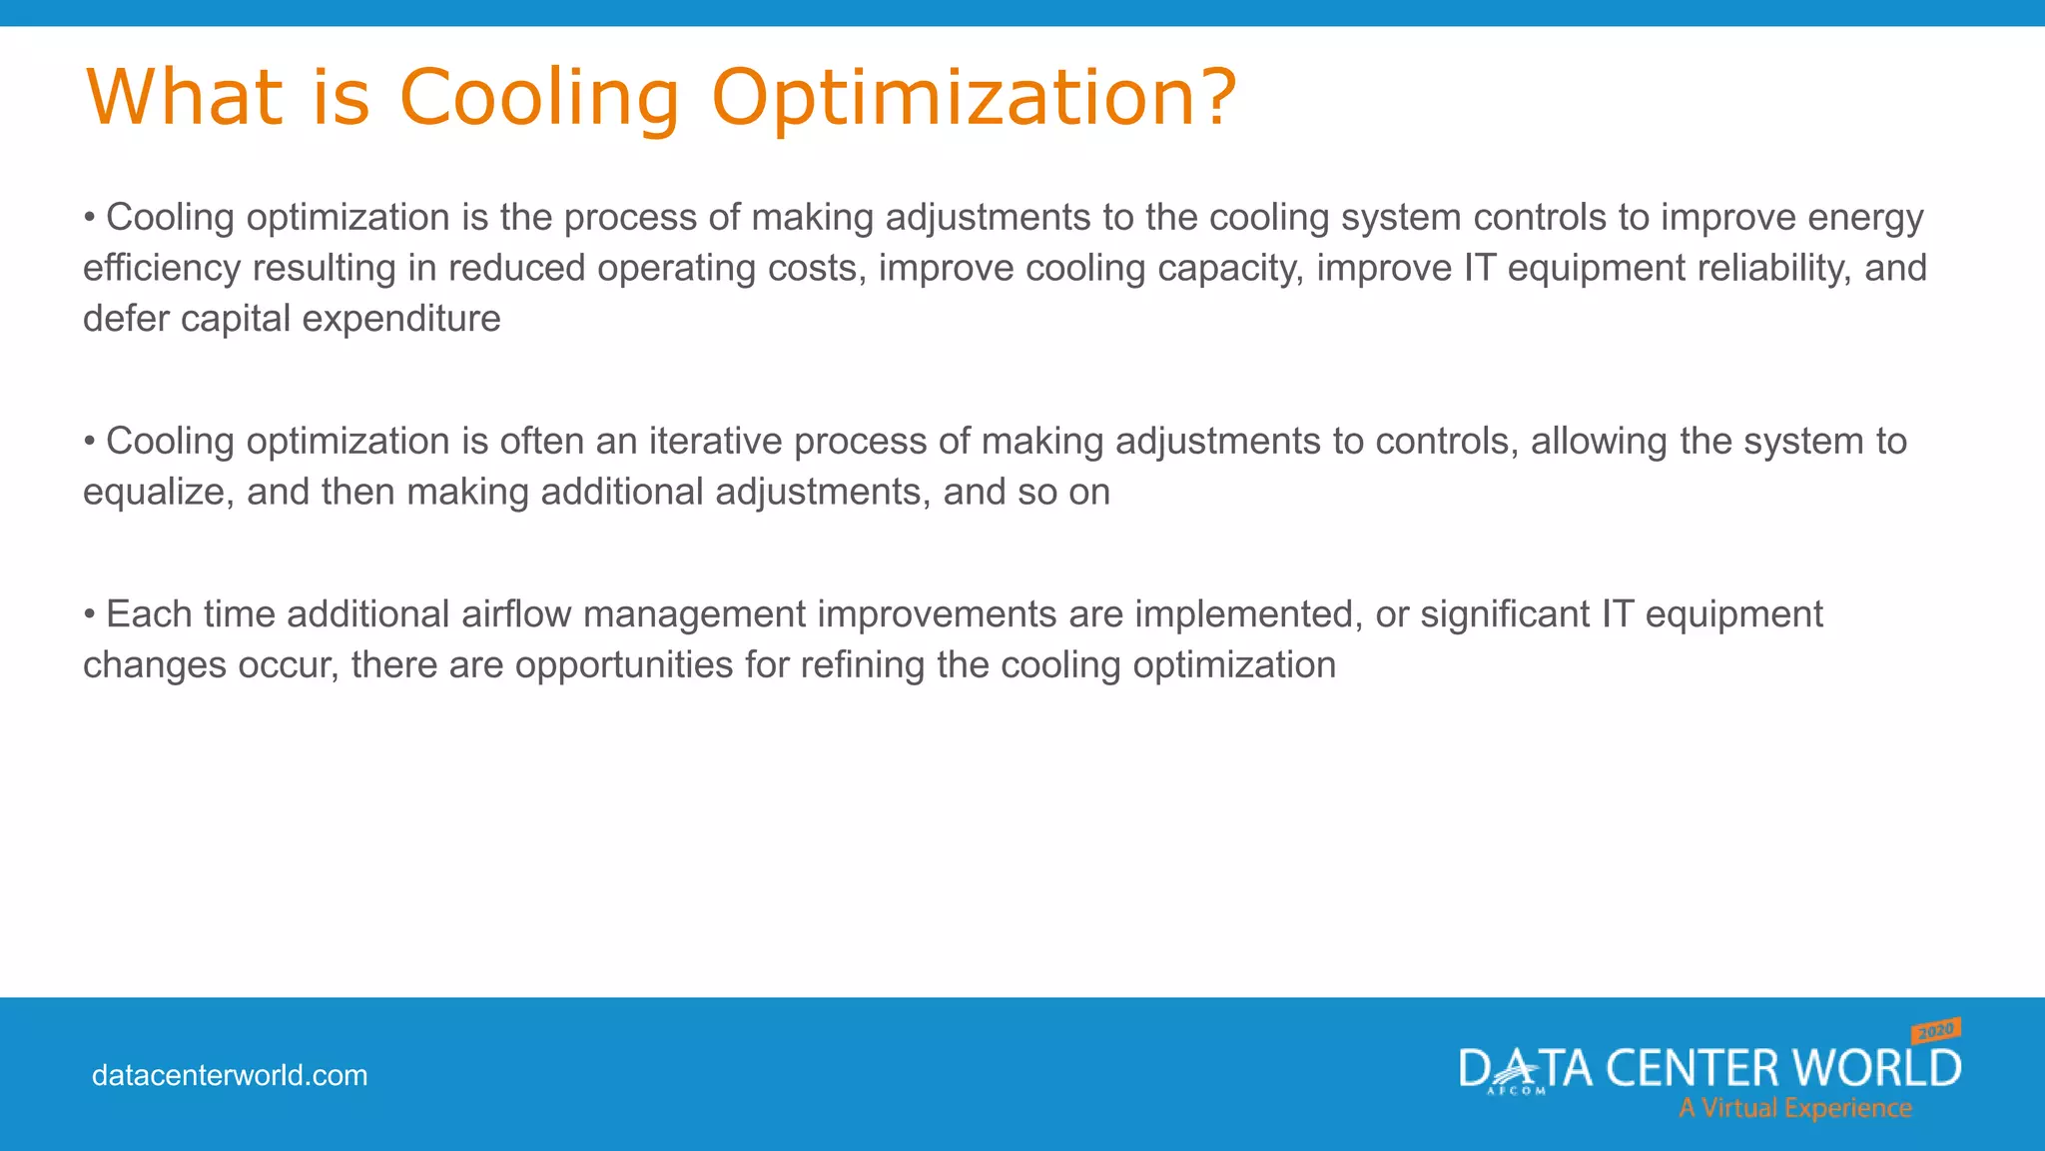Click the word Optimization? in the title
[974, 98]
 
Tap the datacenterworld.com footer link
[230, 1075]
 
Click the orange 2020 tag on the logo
[1936, 1030]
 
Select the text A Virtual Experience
[1794, 1108]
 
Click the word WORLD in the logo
[1876, 1068]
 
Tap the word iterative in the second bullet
[715, 442]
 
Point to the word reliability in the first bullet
[1766, 269]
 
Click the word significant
[1506, 614]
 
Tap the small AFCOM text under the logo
[1515, 1091]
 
